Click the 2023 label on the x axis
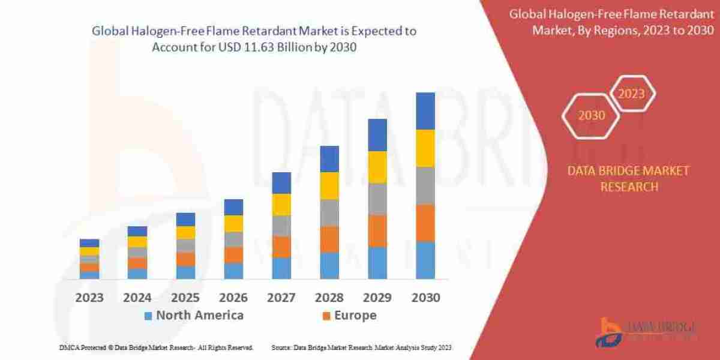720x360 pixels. [89, 298]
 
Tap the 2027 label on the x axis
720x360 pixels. [281, 298]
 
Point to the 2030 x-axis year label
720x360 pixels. [425, 298]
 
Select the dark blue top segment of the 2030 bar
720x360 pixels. [425, 111]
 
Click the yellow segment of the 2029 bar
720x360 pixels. [377, 167]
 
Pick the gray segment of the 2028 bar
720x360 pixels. [329, 212]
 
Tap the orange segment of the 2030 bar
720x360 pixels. [425, 223]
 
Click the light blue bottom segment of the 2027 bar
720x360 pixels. [281, 268]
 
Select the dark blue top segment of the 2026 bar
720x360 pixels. [233, 207]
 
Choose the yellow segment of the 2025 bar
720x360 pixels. [185, 232]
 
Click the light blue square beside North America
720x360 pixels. [148, 316]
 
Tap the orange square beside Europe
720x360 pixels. [326, 316]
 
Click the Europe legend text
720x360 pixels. [356, 316]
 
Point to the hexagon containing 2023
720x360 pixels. [632, 94]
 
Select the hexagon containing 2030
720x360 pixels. [591, 116]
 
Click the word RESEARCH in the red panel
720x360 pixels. [628, 187]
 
